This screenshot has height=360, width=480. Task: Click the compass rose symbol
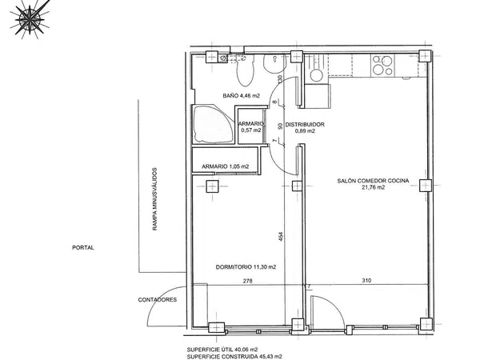[x=30, y=19]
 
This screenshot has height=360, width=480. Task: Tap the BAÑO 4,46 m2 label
[x=242, y=95]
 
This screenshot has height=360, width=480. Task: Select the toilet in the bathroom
[x=245, y=70]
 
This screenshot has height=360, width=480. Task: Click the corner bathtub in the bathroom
[x=213, y=125]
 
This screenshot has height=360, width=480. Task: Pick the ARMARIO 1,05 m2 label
[x=225, y=166]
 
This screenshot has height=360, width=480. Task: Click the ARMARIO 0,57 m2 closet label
[x=251, y=126]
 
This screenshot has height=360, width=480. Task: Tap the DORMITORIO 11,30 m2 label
[x=246, y=267]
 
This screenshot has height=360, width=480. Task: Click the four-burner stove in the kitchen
[x=382, y=66]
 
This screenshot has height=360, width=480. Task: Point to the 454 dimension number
[x=281, y=237]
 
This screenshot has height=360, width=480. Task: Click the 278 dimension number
[x=248, y=281]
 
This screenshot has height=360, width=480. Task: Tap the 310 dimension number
[x=366, y=280]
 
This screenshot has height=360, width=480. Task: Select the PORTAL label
[x=83, y=248]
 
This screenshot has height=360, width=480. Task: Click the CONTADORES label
[x=158, y=300]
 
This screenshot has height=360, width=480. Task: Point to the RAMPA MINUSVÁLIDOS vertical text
[x=154, y=199]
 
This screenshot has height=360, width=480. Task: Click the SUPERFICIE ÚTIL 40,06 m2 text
[x=222, y=350]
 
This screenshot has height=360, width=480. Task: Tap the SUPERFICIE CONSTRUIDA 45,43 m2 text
[x=234, y=356]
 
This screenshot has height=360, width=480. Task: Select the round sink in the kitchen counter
[x=316, y=75]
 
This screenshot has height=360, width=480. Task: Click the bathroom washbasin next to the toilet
[x=275, y=64]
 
